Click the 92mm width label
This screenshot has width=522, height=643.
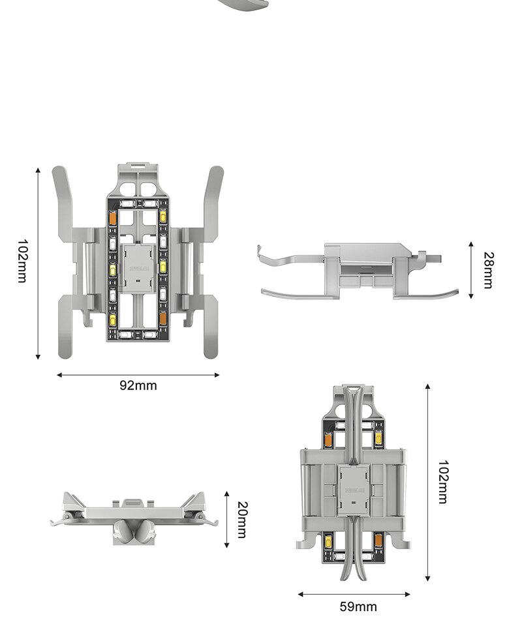pyautogui.click(x=138, y=385)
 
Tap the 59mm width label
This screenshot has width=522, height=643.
pyautogui.click(x=358, y=606)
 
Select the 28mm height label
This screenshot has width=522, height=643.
pyautogui.click(x=488, y=269)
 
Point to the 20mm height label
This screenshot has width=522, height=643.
pyautogui.click(x=242, y=520)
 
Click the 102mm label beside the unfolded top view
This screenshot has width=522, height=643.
pyautogui.click(x=22, y=262)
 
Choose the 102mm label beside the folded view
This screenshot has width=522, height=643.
pyautogui.click(x=443, y=482)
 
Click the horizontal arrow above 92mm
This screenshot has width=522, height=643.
pyautogui.click(x=138, y=375)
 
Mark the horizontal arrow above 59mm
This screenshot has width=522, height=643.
pyautogui.click(x=354, y=594)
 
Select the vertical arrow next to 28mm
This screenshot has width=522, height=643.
pyautogui.click(x=471, y=269)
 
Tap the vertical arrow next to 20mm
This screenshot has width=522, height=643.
pyautogui.click(x=226, y=520)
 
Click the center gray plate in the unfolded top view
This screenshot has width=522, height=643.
pyautogui.click(x=138, y=267)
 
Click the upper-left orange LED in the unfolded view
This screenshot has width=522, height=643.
pyautogui.click(x=112, y=218)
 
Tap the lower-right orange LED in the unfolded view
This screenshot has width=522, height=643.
pyautogui.click(x=163, y=318)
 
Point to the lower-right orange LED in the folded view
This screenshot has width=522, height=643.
pyautogui.click(x=378, y=540)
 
